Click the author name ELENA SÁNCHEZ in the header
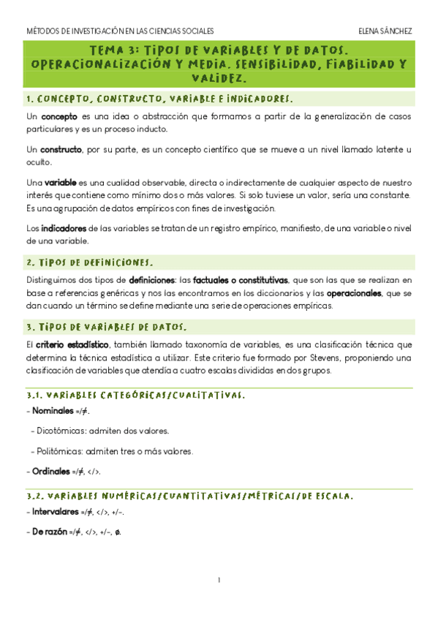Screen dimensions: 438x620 coord(385,31)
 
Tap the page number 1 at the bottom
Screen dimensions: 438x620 coord(219,581)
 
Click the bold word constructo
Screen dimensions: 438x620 coord(61,149)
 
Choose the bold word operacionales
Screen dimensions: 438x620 coord(353,293)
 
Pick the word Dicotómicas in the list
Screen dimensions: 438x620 coord(61,431)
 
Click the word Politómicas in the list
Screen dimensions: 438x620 coord(60,451)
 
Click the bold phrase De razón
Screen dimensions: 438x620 coord(48,532)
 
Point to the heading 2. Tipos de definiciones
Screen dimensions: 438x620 coord(90,262)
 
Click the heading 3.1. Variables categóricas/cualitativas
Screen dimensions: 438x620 coord(135,396)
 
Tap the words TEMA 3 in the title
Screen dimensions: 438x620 coord(113,50)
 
